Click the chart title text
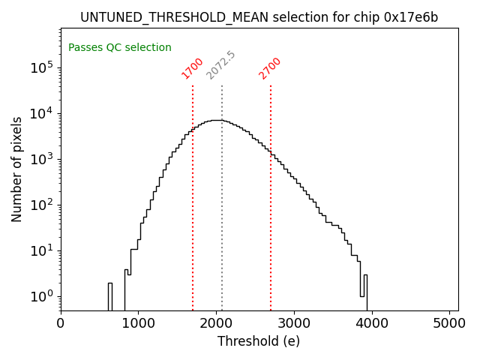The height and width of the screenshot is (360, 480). pos(259,17)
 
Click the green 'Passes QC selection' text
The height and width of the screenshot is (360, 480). pos(120,47)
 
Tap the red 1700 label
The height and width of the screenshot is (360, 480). pos(193,67)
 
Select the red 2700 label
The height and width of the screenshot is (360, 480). pos(270,67)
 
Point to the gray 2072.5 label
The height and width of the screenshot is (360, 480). pos(220,65)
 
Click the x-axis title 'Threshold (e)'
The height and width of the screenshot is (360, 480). pos(259,341)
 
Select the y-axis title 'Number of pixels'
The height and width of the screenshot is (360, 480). pos(17,169)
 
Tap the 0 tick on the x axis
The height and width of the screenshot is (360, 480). pos(61,323)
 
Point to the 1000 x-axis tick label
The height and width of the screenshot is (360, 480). pos(138,323)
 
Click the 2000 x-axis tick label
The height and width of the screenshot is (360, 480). pos(216,323)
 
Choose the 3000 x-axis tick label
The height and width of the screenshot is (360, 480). pos(294,323)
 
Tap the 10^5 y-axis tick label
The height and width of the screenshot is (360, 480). pos(42,67)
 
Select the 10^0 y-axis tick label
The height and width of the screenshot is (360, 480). pos(43,297)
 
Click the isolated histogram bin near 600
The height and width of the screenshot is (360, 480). pos(109,296)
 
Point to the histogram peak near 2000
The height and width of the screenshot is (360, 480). pos(216,120)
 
